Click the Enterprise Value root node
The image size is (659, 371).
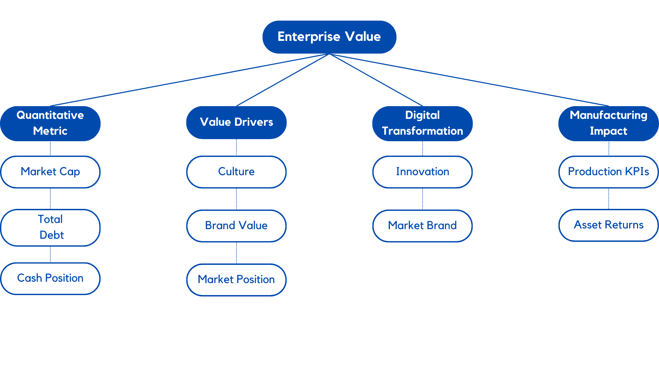tap(329, 37)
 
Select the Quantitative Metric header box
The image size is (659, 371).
tap(50, 123)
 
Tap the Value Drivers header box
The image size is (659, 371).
tap(236, 122)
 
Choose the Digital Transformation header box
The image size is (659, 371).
tap(422, 123)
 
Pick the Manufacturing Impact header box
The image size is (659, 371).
tap(608, 123)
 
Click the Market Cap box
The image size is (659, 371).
tap(50, 171)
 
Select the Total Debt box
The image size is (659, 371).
tap(50, 227)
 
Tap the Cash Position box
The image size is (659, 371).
tap(50, 278)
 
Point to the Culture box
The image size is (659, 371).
tap(236, 171)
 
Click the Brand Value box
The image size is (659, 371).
tap(236, 226)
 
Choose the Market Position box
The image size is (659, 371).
tap(236, 280)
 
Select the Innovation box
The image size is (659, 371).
tap(422, 171)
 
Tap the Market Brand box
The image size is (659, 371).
tap(422, 226)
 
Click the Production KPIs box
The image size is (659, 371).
tap(608, 171)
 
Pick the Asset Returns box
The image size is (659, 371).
tap(608, 225)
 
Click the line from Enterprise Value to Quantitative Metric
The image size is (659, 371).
tap(190, 80)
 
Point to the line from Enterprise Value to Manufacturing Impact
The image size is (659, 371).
tap(469, 80)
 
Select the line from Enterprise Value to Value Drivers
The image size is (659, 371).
tap(283, 80)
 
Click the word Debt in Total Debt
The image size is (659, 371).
tap(51, 235)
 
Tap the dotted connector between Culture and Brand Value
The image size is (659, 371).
tap(236, 199)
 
